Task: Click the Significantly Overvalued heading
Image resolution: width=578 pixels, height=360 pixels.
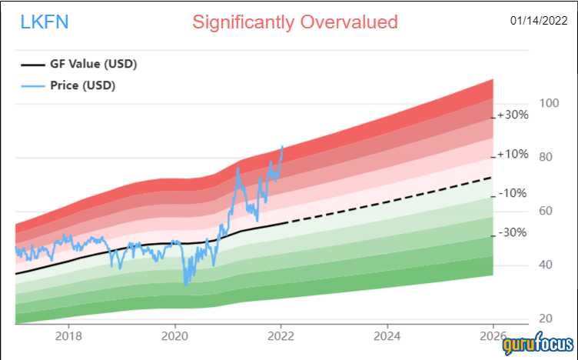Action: (x=295, y=22)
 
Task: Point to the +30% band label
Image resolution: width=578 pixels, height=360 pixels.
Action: (x=512, y=115)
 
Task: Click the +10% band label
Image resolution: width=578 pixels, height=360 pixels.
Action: (x=512, y=154)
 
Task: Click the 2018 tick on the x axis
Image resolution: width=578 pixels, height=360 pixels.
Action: (x=68, y=335)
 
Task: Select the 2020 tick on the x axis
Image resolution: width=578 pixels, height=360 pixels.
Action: (x=174, y=335)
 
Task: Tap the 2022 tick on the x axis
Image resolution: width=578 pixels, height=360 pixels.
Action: (x=281, y=335)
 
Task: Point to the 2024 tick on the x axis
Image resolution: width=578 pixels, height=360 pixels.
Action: (x=387, y=335)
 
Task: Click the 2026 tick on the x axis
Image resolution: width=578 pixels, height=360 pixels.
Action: (x=493, y=335)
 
